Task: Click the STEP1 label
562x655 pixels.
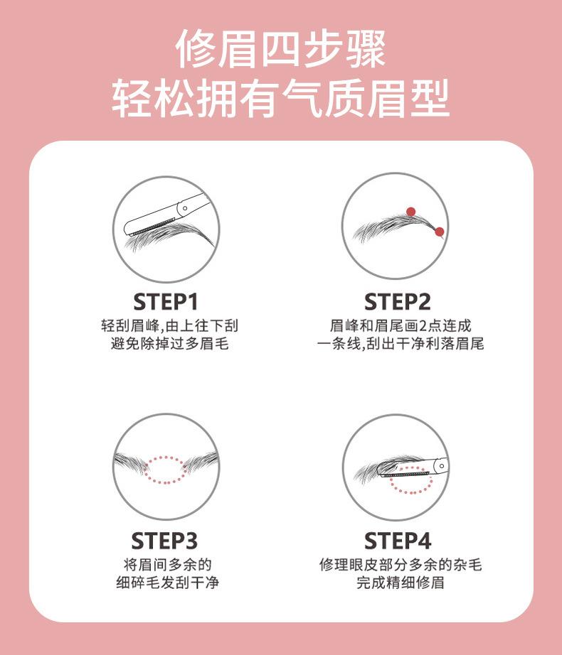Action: [165, 302]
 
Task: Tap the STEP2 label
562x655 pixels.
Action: [397, 302]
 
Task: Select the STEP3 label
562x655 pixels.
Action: [164, 541]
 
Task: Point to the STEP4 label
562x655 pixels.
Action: [397, 541]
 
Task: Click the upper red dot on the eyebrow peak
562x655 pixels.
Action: [411, 212]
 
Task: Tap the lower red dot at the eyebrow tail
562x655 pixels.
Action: [439, 232]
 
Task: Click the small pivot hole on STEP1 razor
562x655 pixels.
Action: [185, 208]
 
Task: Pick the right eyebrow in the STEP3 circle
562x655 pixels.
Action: [201, 462]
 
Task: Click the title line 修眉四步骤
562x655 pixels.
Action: [280, 49]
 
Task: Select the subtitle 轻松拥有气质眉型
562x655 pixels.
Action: [280, 99]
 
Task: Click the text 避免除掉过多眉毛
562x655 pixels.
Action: [170, 344]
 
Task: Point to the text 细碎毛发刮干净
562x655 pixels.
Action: [168, 583]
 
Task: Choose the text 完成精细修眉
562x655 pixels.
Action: [401, 583]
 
